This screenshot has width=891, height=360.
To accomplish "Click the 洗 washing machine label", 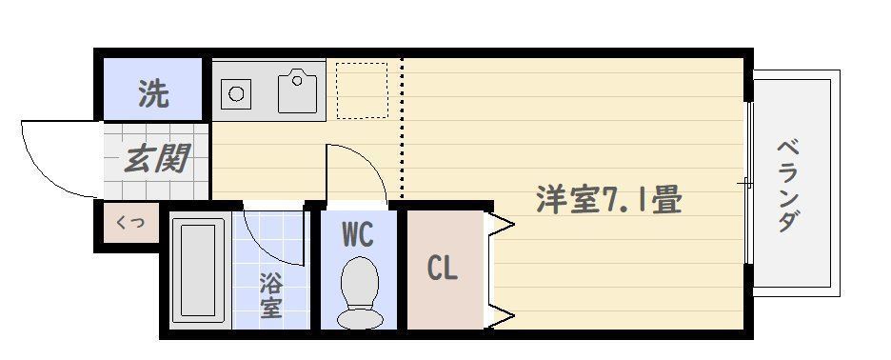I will point(152,92).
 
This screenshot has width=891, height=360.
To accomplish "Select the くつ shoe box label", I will point(129,224).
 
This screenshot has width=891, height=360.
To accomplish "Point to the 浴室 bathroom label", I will point(271,295).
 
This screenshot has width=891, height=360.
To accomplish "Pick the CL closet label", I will point(442,269).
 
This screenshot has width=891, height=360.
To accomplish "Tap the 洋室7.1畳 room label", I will point(609,200).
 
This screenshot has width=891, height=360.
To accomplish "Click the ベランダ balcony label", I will point(787,186).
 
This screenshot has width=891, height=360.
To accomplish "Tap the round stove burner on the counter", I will point(235,93).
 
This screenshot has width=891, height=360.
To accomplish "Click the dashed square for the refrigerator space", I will point(363,90).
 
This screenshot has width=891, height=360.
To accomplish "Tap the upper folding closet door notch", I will point(503,227).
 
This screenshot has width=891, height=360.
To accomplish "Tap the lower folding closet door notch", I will point(503,315).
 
